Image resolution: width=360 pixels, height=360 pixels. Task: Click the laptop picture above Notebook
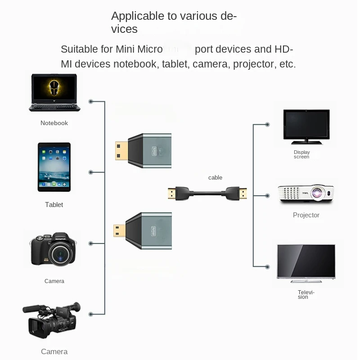[54, 93]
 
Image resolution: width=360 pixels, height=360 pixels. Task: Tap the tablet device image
[54, 167]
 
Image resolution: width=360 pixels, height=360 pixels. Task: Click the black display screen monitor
[306, 126]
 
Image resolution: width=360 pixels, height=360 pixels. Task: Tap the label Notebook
[54, 123]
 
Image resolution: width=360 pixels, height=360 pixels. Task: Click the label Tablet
[54, 205]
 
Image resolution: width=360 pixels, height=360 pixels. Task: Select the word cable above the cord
[215, 178]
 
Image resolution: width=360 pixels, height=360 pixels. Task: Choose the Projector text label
[306, 215]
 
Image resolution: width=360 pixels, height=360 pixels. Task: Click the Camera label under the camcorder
[54, 351]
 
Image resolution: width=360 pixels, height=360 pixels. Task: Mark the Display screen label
[301, 154]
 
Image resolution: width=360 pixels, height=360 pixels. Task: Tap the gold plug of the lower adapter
[119, 230]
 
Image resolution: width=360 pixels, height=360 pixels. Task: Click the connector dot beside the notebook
[91, 102]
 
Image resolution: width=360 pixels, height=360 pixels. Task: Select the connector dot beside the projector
[267, 196]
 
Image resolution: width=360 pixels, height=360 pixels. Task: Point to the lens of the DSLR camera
[59, 255]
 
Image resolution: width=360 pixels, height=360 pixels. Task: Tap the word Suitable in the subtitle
[80, 49]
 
